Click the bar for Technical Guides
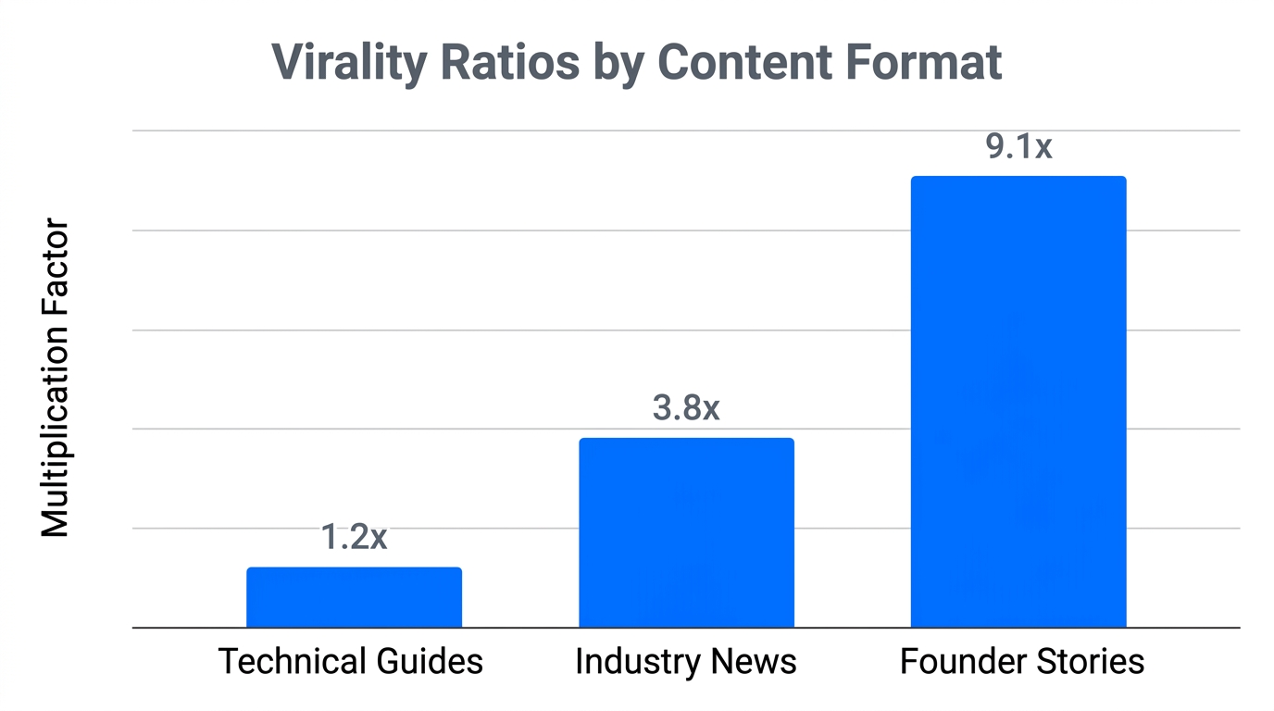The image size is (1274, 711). click(354, 597)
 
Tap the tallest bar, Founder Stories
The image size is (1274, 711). click(1018, 402)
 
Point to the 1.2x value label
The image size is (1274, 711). click(354, 537)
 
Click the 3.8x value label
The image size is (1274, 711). click(686, 407)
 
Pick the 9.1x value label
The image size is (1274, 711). click(1018, 146)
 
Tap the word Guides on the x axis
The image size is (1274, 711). click(431, 662)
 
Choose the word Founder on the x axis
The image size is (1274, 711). click(964, 662)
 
